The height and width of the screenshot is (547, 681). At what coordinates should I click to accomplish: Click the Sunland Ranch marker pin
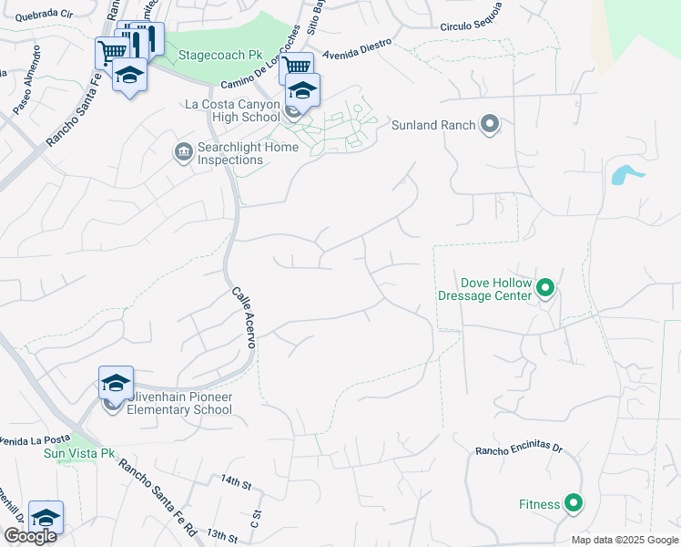click(x=491, y=125)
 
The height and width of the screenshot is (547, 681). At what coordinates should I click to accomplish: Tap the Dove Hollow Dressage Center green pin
click(x=545, y=289)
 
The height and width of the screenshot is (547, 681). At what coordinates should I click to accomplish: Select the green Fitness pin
click(x=573, y=502)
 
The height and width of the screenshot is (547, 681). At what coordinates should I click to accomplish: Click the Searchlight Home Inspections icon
click(x=183, y=150)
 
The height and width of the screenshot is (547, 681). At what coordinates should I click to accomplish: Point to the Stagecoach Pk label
click(x=224, y=55)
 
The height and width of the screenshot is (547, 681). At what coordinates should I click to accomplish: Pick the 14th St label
click(x=235, y=480)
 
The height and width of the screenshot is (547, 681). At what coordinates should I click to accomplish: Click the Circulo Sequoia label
click(x=471, y=17)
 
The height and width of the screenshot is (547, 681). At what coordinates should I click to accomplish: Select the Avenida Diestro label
click(x=356, y=46)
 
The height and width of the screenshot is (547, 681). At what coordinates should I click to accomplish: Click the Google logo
click(x=30, y=535)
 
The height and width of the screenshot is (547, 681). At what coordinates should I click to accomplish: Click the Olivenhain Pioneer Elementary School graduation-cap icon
click(x=117, y=383)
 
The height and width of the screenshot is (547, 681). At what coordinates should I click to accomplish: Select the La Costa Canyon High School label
click(x=232, y=110)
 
